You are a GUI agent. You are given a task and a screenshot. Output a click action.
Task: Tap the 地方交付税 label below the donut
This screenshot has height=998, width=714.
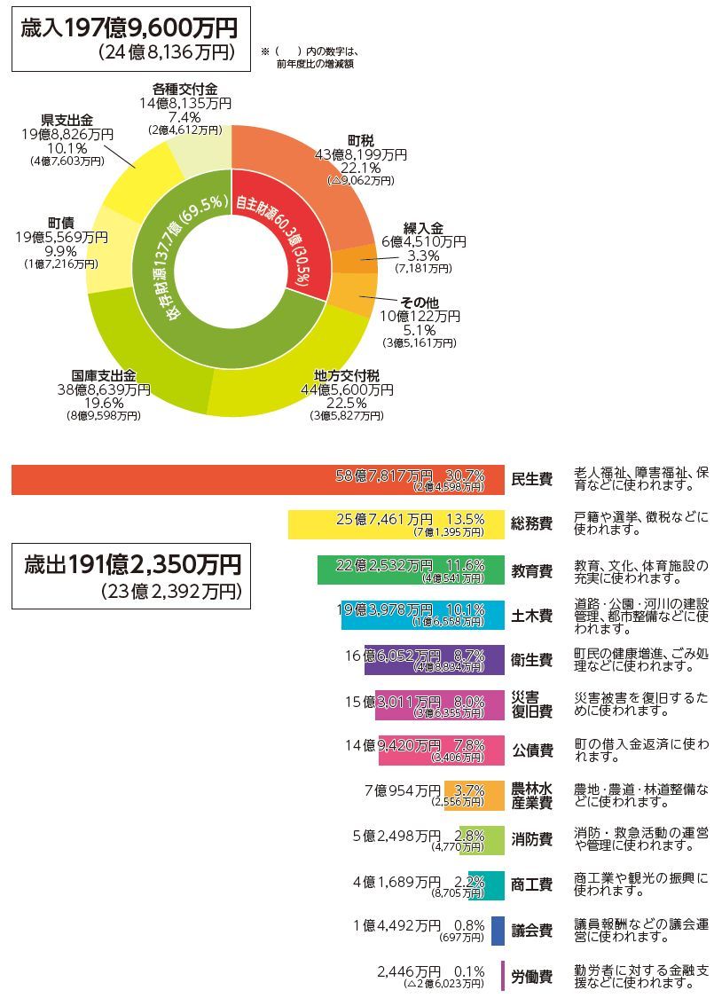click(354, 376)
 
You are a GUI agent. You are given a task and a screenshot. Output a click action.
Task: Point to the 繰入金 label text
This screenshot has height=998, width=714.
click(424, 227)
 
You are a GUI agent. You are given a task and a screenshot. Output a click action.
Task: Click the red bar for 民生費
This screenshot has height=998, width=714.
click(177, 480)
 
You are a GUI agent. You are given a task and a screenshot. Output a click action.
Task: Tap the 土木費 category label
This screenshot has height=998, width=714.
click(531, 615)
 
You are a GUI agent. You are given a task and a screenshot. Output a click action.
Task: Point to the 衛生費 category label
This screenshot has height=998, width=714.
click(531, 660)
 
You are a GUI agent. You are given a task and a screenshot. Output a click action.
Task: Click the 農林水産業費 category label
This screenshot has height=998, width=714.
click(531, 795)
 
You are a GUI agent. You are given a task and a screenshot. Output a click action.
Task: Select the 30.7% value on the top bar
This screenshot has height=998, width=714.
click(465, 475)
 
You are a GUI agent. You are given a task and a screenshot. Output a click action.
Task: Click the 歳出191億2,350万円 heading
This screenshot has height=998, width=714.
click(132, 564)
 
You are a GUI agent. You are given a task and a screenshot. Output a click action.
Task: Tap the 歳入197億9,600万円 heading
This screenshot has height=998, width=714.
click(129, 28)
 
